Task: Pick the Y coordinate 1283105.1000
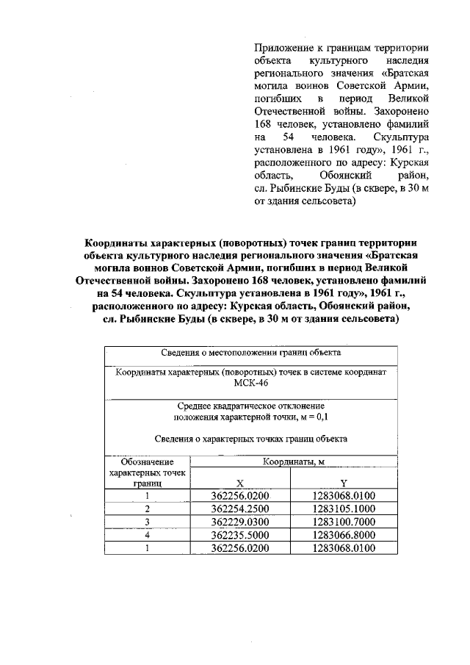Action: pyautogui.click(x=344, y=508)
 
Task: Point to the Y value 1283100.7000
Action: pyautogui.click(x=344, y=522)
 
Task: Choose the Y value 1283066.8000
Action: pyautogui.click(x=344, y=535)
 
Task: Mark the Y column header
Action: pyautogui.click(x=344, y=482)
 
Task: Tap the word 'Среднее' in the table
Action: pyautogui.click(x=197, y=406)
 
